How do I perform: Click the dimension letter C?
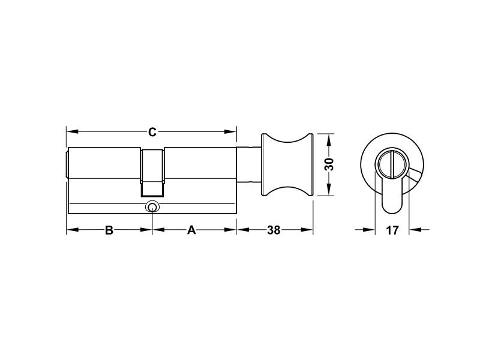pyautogui.click(x=152, y=131)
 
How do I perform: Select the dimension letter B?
pyautogui.click(x=109, y=230)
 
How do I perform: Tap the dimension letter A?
pyautogui.click(x=191, y=230)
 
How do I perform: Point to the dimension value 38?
pyautogui.click(x=274, y=230)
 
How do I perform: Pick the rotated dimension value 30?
pyautogui.click(x=329, y=164)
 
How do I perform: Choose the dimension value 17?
pyautogui.click(x=392, y=230)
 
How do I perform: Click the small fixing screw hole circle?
pyautogui.click(x=152, y=207)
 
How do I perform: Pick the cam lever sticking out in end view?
pyautogui.click(x=415, y=176)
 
